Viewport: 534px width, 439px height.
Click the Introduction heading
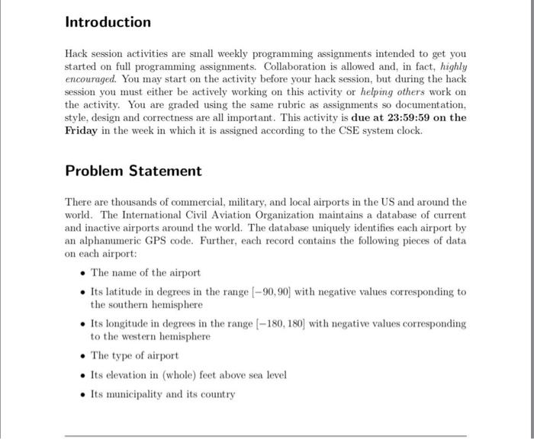108,22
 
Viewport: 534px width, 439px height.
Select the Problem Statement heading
133,171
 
